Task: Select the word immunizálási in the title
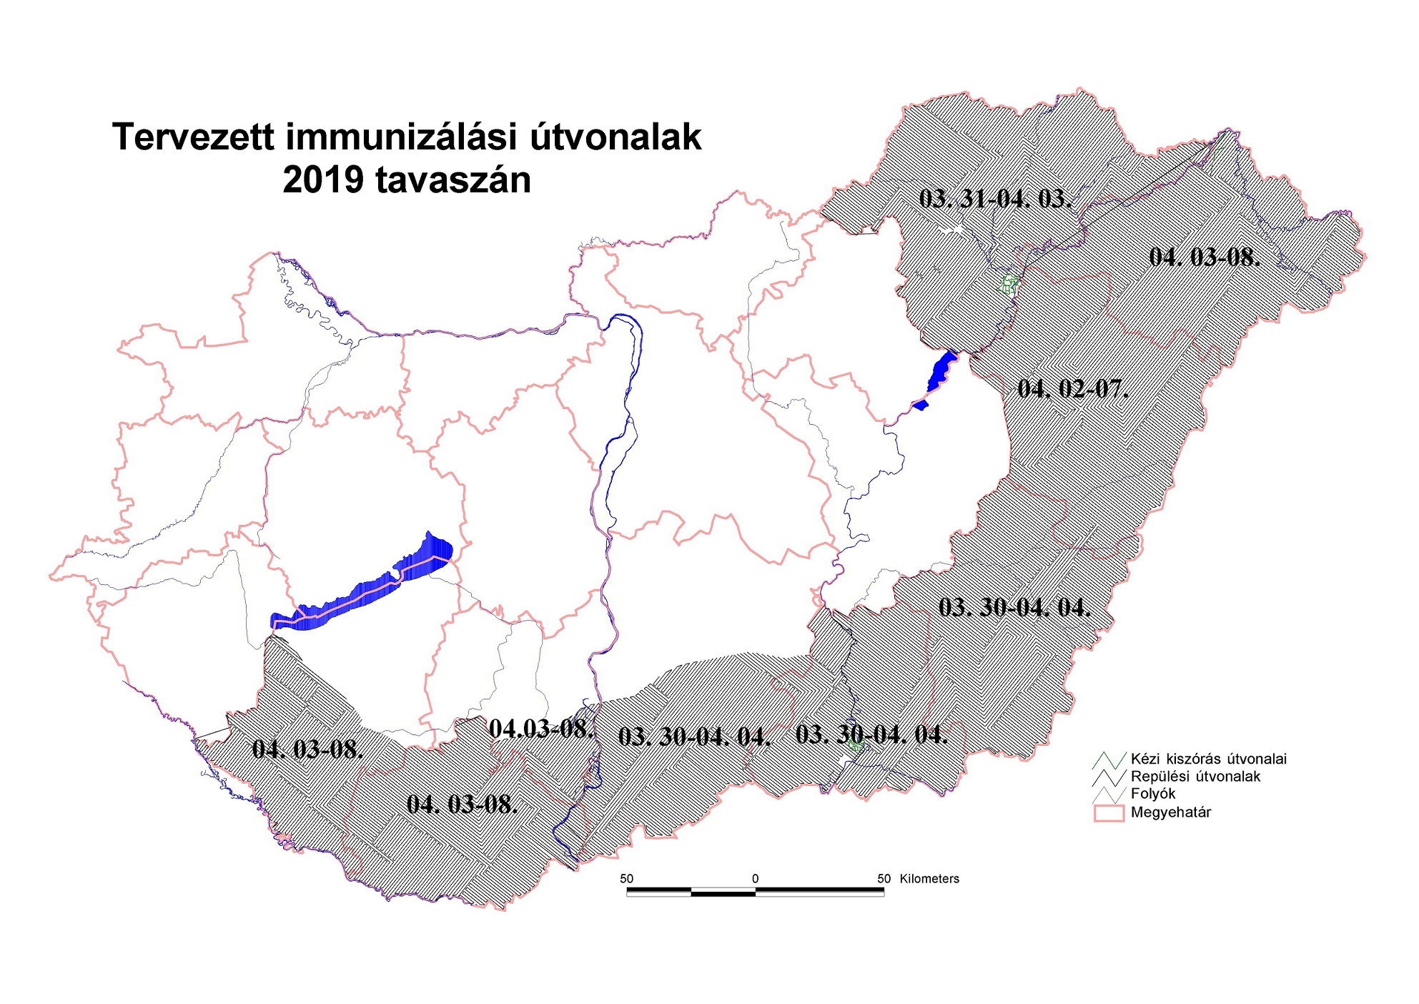tap(400, 137)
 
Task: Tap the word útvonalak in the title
tap(615, 137)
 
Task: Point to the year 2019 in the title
tap(323, 179)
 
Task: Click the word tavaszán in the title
tap(453, 179)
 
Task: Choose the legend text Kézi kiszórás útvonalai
tap(1208, 759)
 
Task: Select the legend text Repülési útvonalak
tap(1195, 776)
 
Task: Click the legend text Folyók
tap(1152, 793)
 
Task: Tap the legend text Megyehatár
tap(1170, 812)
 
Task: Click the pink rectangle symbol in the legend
tap(1107, 813)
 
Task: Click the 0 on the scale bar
tap(755, 879)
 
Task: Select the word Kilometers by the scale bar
tap(929, 879)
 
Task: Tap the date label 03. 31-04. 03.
tap(995, 198)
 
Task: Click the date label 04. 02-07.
tap(1072, 388)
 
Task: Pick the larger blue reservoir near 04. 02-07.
tap(941, 370)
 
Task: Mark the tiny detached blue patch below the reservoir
tap(921, 405)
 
